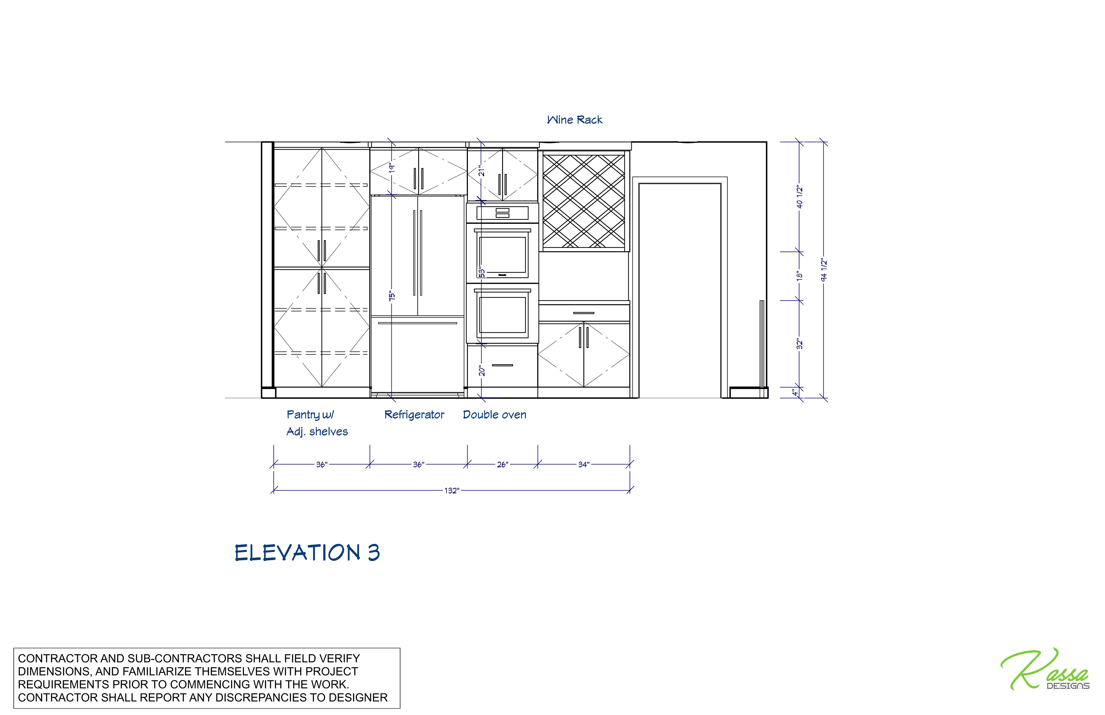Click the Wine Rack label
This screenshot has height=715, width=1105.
(574, 120)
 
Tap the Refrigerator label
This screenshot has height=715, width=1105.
(414, 415)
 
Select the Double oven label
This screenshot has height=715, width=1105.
(494, 415)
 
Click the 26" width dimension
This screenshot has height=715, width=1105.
(502, 465)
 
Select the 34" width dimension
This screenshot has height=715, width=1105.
(584, 465)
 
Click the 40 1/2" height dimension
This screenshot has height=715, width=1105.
(799, 197)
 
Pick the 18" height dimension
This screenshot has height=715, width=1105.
(799, 276)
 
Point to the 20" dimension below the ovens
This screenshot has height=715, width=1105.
(482, 371)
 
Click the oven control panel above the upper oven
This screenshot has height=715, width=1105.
(502, 213)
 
